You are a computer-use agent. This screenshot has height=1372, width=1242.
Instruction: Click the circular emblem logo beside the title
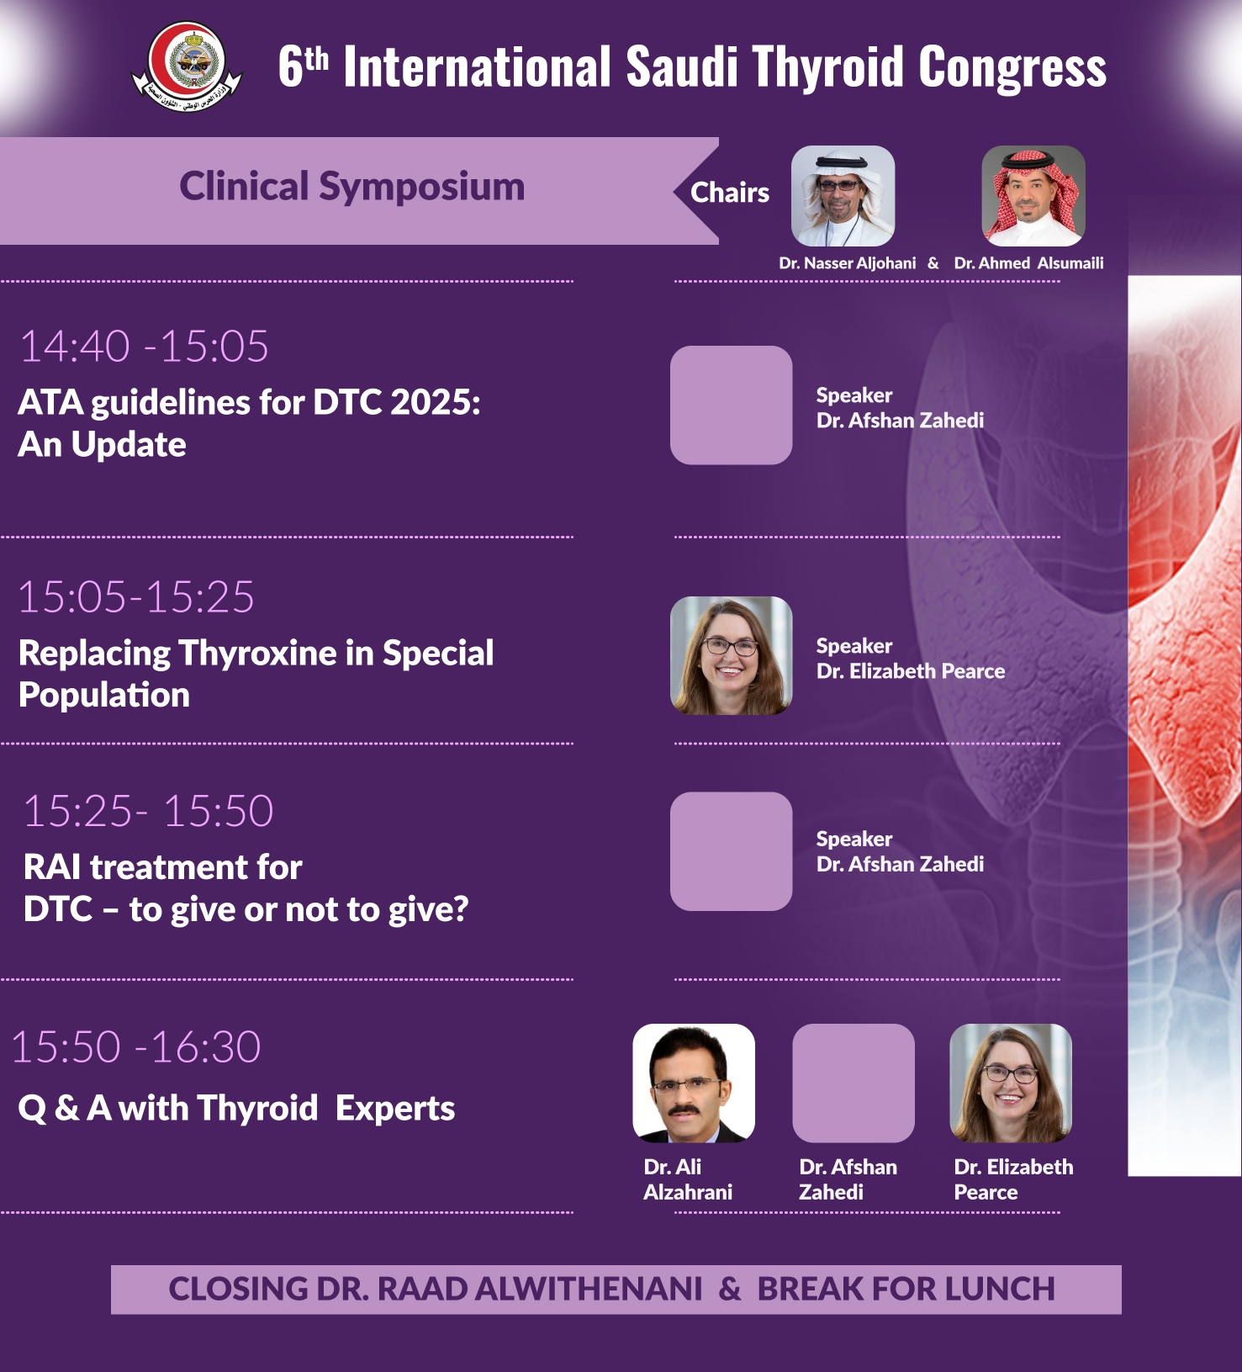pyautogui.click(x=187, y=66)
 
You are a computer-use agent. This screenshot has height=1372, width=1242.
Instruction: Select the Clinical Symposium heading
pyautogui.click(x=351, y=187)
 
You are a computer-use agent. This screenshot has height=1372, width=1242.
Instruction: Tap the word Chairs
pyautogui.click(x=729, y=193)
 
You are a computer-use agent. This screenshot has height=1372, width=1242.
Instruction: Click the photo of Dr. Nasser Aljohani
pyautogui.click(x=843, y=195)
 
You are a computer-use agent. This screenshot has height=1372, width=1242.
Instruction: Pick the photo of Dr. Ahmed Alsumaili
pyautogui.click(x=1033, y=195)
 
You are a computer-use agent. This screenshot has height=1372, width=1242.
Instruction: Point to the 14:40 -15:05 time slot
pyautogui.click(x=144, y=346)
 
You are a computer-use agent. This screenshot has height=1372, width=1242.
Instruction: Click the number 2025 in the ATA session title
pyautogui.click(x=435, y=402)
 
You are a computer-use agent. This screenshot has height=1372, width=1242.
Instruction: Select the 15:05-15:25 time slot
pyautogui.click(x=135, y=597)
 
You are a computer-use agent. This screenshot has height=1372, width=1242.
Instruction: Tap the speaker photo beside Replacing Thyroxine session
pyautogui.click(x=731, y=655)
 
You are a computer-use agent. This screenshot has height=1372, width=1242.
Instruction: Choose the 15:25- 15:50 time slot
pyautogui.click(x=148, y=811)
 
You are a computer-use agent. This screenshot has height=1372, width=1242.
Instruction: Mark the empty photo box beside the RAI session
pyautogui.click(x=731, y=851)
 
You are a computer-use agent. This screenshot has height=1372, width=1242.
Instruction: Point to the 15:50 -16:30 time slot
pyautogui.click(x=135, y=1047)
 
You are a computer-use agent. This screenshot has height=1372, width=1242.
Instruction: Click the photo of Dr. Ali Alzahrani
pyautogui.click(x=693, y=1083)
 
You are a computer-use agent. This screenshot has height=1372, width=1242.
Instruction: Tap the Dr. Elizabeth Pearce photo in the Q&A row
pyautogui.click(x=1010, y=1083)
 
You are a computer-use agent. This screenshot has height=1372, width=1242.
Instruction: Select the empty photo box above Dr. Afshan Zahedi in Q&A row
pyautogui.click(x=853, y=1083)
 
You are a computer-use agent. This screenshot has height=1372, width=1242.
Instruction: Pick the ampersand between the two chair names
pyautogui.click(x=933, y=263)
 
